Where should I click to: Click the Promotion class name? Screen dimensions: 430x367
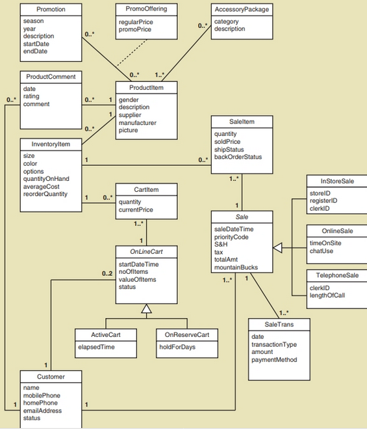pos(51,9)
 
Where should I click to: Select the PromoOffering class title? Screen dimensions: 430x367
pos(147,9)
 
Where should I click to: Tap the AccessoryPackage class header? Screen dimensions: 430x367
pos(242,9)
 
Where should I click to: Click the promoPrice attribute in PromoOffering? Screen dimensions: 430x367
pos(134,30)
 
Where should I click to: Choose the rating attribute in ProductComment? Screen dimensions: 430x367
pos(31,96)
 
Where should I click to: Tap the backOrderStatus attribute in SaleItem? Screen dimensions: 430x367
pos(238,157)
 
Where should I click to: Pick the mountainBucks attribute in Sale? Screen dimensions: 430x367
pos(237,267)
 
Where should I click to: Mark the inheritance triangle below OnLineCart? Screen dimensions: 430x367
pos(147,309)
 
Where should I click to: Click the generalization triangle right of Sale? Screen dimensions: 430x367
pos(278,247)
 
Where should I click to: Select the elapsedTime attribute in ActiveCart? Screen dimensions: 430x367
pos(96,347)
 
